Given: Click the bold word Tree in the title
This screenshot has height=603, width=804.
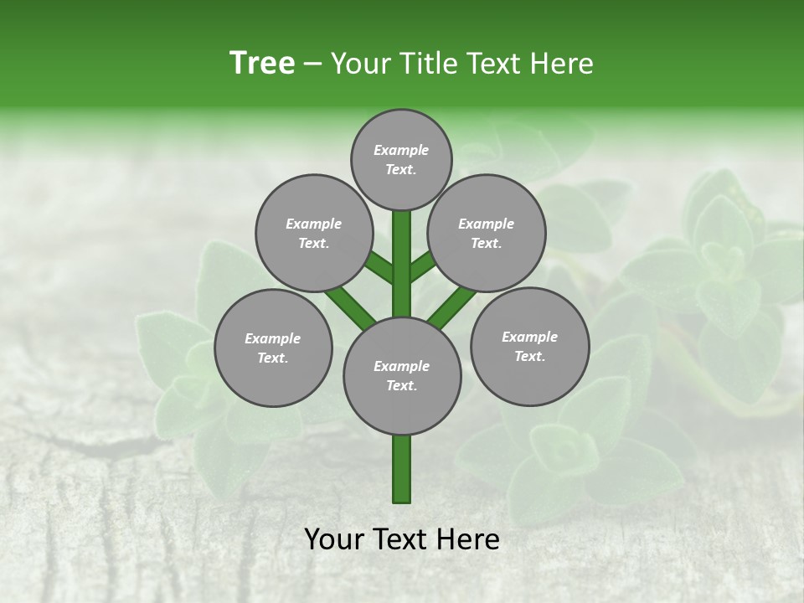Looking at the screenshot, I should [262, 63].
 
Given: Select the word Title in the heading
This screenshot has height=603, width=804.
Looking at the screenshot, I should [428, 63].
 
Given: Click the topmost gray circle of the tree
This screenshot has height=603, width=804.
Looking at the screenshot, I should [401, 159].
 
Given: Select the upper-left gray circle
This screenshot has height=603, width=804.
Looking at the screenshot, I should [314, 233].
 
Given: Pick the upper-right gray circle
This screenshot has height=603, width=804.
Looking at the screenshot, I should [487, 233].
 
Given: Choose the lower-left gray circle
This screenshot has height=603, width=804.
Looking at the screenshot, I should [273, 348].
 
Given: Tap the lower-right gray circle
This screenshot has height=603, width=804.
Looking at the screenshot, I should [529, 346].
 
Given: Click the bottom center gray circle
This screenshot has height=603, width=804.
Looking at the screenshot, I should [402, 375].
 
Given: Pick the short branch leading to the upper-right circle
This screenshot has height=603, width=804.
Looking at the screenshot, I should [422, 265].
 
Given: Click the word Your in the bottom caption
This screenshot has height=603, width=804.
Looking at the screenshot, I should [333, 539].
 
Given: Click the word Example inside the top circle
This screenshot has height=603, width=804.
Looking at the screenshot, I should [401, 150].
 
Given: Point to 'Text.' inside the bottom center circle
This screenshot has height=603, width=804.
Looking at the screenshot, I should [401, 385].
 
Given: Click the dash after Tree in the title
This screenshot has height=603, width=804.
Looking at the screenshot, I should [312, 64].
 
